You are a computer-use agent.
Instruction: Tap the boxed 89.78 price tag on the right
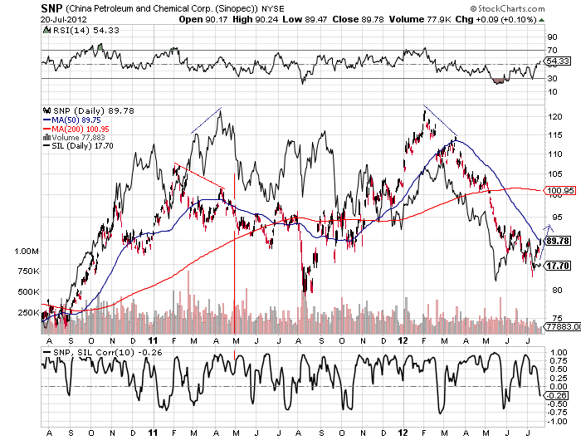pos(558,241)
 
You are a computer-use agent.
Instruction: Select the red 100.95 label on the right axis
pos(559,191)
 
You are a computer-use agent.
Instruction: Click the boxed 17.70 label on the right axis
pos(558,266)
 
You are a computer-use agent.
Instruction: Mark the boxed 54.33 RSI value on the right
pos(558,61)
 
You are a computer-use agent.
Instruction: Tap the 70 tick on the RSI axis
pos(551,51)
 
